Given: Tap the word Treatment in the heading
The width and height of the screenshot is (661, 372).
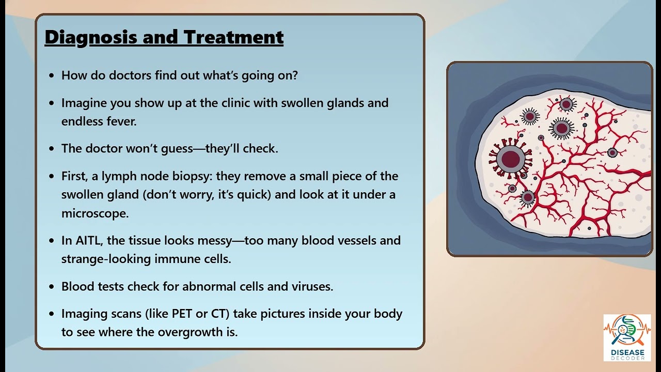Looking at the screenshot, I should tap(233, 37).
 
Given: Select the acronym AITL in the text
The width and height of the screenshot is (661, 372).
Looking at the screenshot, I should tap(89, 240).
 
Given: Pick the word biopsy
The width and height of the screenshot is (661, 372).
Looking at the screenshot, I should tap(193, 176).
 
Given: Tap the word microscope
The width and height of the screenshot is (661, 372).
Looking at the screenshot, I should tap(95, 213).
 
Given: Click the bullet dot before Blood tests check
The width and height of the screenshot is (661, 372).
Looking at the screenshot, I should tap(51, 287).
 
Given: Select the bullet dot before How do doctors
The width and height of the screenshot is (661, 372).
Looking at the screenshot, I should tap(51, 75).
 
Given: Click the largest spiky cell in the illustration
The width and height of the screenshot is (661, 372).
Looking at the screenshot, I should tap(510, 158).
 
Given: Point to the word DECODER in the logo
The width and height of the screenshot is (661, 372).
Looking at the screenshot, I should tap(627, 358).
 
